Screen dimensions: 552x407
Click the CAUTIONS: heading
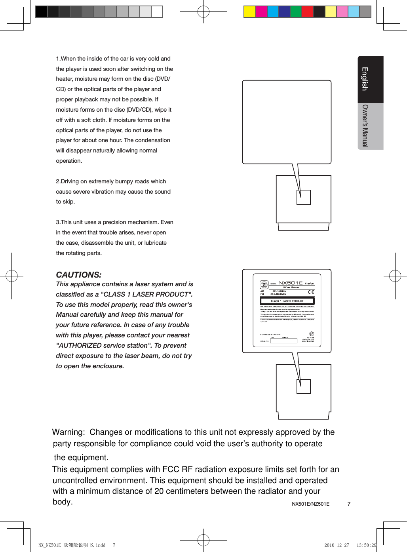[x=78, y=275]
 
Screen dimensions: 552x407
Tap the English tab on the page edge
[x=365, y=79]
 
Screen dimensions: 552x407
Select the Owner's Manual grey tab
[x=365, y=126]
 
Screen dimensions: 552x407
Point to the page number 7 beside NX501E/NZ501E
[x=349, y=504]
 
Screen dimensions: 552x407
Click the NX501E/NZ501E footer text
[x=310, y=504]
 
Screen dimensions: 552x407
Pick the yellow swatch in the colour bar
[x=249, y=12]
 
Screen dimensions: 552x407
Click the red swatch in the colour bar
[x=307, y=12]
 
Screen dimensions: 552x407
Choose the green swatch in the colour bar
[x=296, y=12]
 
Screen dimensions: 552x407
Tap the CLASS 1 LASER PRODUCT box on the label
[x=287, y=301]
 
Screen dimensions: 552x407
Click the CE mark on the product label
[x=311, y=292]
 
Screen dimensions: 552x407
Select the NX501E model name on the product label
[x=290, y=283]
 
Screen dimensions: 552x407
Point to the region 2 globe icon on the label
[x=264, y=285]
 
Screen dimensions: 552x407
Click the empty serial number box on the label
[x=283, y=341]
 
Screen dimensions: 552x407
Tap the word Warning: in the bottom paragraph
[x=68, y=432]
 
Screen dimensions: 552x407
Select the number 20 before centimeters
[x=159, y=491]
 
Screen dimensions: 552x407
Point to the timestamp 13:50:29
[x=366, y=545]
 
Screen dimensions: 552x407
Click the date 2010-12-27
[x=337, y=545]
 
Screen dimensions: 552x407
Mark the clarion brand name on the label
[x=309, y=284]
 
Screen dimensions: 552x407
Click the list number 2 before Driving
[x=58, y=181]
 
